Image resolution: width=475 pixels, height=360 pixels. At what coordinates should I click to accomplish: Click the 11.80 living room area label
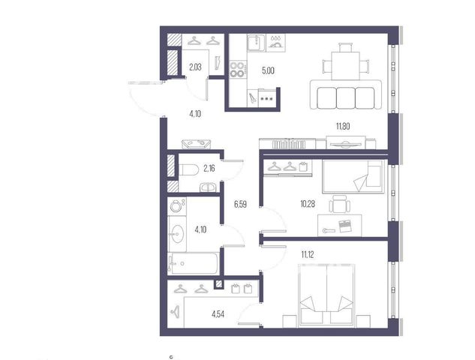click(343, 126)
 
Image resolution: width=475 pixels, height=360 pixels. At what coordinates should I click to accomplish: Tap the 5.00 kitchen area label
click(268, 70)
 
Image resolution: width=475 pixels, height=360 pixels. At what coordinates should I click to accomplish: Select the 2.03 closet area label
click(195, 67)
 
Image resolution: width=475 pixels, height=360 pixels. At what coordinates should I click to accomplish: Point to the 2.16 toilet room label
click(209, 168)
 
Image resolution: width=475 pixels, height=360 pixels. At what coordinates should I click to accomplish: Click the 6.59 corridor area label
click(240, 205)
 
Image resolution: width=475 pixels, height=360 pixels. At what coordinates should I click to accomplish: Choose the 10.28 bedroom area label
click(308, 204)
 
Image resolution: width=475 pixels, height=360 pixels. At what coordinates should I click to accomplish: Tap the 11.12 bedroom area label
click(308, 255)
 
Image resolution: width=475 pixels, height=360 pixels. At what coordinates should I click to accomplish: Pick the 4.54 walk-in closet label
click(218, 314)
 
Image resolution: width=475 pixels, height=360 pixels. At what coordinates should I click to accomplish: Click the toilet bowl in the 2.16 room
click(188, 169)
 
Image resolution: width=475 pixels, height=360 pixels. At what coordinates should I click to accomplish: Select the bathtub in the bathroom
click(193, 263)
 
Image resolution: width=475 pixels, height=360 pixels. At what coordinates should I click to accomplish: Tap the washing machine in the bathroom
click(176, 206)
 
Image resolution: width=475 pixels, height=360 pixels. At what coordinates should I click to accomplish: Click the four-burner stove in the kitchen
click(237, 69)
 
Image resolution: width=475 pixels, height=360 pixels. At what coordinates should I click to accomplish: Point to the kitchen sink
click(256, 43)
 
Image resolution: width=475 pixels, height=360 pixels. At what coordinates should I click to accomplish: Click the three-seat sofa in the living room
click(346, 95)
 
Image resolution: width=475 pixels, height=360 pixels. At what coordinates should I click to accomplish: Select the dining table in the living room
click(346, 66)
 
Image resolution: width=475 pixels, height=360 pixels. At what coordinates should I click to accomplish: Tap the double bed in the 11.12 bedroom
click(326, 295)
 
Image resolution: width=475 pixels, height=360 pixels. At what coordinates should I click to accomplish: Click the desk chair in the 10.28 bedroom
click(340, 204)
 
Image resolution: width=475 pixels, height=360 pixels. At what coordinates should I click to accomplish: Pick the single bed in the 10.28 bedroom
click(353, 176)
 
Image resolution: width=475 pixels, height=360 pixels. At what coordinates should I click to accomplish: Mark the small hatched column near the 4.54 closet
click(218, 284)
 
